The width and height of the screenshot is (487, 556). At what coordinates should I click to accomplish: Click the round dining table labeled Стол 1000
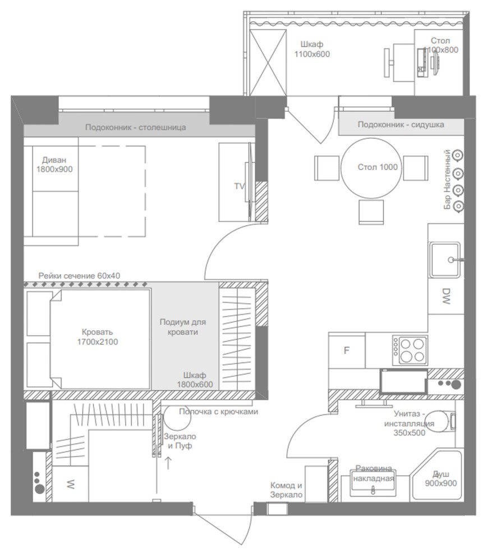coord(371,168)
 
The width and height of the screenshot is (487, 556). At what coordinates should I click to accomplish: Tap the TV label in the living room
coord(240,186)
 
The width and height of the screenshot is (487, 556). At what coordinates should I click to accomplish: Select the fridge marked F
coord(347,350)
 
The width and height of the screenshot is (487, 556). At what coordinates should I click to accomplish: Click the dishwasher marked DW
coord(446,296)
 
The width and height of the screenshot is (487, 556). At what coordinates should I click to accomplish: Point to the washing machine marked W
coord(71,484)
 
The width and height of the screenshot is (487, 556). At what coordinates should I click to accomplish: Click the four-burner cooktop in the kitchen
coord(410,350)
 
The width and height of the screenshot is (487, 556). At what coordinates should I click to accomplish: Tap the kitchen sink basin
coord(445,260)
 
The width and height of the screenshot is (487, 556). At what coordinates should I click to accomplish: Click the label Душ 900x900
coord(440,478)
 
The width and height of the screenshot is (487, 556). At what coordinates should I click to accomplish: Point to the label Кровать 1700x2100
coord(98,337)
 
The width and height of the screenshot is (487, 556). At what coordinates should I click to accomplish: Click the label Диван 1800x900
coord(54,165)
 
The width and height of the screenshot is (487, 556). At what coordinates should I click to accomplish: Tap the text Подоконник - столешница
coord(135,127)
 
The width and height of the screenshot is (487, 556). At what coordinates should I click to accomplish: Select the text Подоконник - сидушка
coord(401,125)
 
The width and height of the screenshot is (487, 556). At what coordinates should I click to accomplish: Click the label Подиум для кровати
coord(183,327)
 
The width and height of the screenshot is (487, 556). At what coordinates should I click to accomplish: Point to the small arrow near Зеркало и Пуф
coord(168,463)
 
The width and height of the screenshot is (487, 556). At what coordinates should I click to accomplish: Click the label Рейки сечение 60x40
coord(79,276)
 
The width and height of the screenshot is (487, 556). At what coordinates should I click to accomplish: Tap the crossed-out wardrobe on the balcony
coord(268,63)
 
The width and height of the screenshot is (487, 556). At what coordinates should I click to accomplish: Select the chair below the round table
coord(371,212)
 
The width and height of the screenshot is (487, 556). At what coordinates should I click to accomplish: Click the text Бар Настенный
coord(447,180)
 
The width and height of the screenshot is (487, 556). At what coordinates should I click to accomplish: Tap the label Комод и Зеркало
coord(286,490)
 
